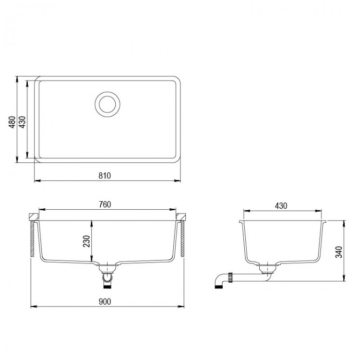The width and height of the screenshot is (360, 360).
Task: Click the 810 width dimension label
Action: click(105, 176)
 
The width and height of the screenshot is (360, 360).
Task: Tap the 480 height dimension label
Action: click(12, 122)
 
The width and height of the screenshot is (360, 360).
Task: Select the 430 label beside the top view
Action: click(22, 122)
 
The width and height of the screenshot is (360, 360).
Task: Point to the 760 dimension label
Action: click(105, 204)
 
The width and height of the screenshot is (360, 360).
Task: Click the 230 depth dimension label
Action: click(86, 241)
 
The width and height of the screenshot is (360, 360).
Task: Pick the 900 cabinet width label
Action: click(105, 301)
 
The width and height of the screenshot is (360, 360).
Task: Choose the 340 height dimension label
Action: click(339, 252)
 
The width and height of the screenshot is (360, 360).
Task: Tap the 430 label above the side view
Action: click(281, 206)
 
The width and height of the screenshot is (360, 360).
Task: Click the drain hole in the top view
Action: click(107, 104)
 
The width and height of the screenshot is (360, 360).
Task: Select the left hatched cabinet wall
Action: click(32, 239)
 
